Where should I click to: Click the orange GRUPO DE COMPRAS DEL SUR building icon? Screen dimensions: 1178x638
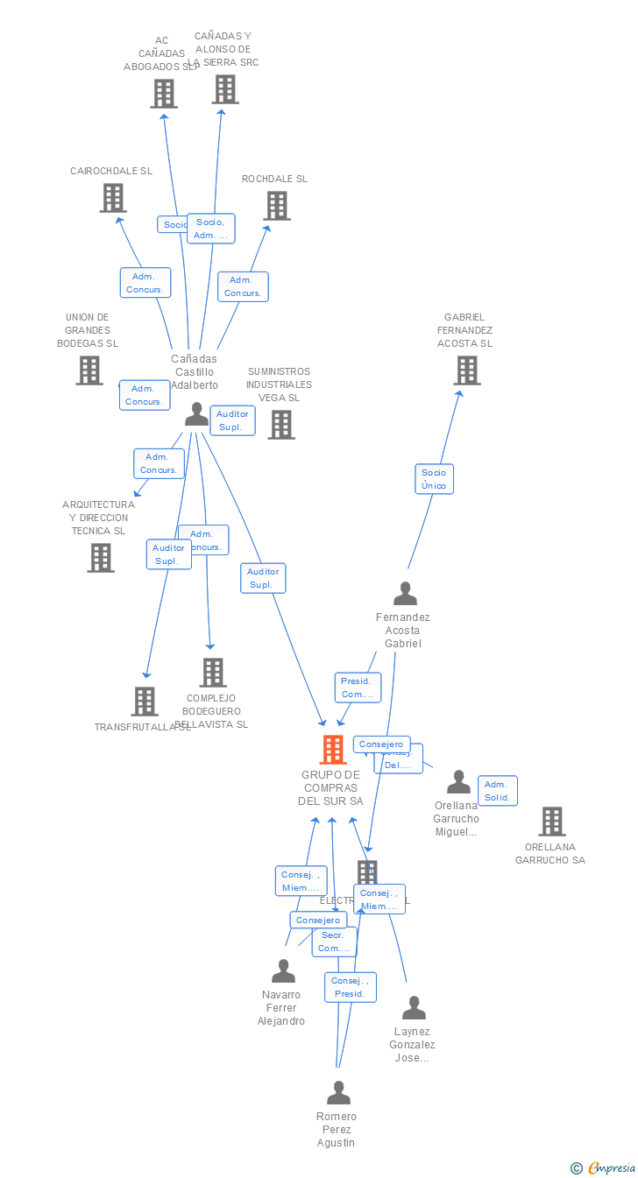[333, 750]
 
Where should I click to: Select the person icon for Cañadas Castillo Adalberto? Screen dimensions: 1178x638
[197, 414]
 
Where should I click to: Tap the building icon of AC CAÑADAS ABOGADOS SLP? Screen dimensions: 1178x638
[164, 94]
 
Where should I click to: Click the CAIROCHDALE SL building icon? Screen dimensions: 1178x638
[113, 198]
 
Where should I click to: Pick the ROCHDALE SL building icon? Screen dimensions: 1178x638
[277, 206]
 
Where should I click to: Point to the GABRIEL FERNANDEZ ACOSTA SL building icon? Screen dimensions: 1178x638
[467, 370]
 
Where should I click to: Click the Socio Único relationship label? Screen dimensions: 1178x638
[434, 479]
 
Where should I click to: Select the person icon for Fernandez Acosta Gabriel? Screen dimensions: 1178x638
[405, 594]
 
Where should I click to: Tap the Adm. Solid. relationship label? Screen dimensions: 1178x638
[497, 791]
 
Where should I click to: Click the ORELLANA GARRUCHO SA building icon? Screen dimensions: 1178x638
[552, 822]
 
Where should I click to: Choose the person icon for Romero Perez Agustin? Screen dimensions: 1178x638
[338, 1093]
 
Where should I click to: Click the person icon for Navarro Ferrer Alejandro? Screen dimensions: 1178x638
[283, 971]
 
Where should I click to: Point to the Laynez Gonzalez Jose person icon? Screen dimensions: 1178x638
[414, 1008]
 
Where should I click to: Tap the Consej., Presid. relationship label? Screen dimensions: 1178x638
[350, 987]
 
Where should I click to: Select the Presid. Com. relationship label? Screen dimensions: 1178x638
[357, 688]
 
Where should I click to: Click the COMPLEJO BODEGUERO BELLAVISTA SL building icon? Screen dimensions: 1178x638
[213, 673]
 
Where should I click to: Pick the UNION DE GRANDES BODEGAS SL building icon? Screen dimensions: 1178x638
[89, 370]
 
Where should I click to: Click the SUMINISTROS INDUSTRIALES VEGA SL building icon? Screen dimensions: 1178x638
[281, 425]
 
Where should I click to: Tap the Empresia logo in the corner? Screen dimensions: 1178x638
[605, 1167]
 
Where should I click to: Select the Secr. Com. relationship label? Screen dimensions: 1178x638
[334, 942]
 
